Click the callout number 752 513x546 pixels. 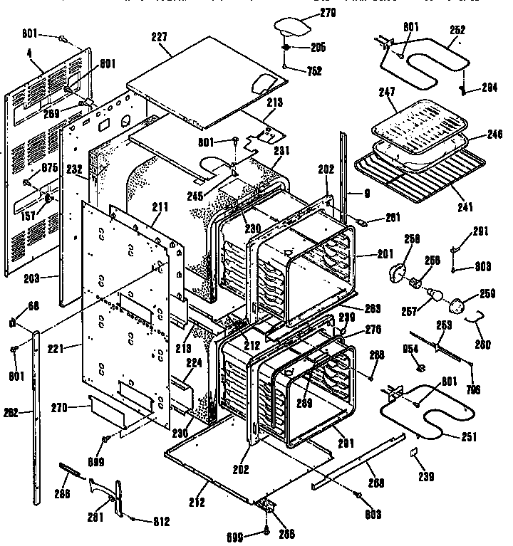[313, 70]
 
